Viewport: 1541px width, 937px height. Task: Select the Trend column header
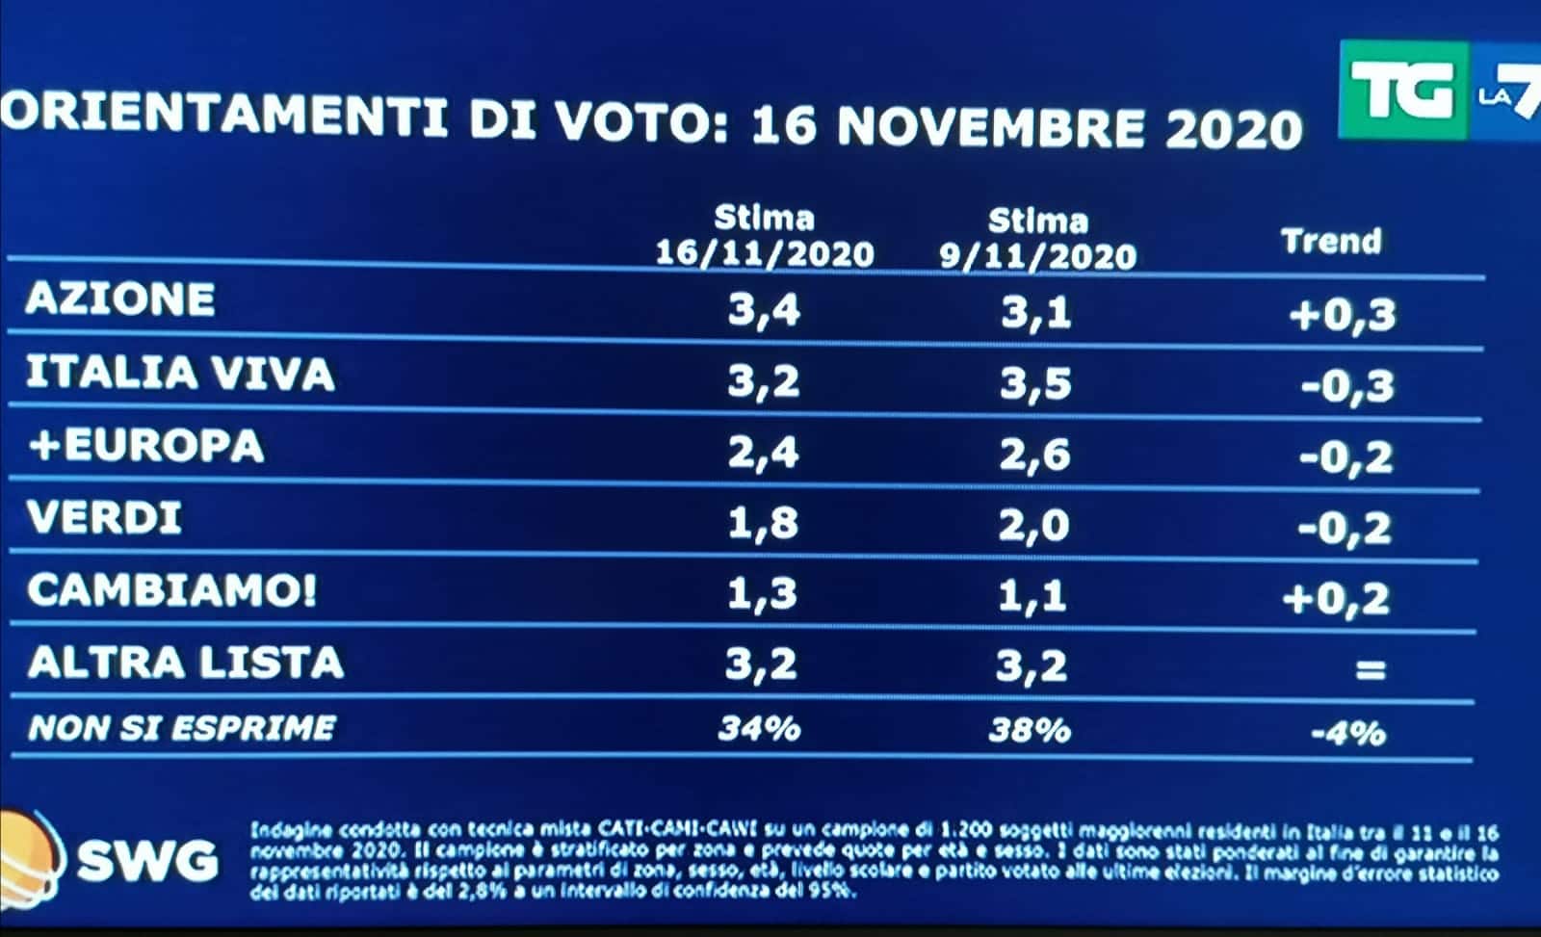(1331, 241)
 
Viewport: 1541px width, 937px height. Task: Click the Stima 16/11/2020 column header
(765, 237)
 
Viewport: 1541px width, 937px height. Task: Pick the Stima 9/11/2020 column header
(1037, 240)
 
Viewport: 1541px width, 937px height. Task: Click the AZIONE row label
(120, 299)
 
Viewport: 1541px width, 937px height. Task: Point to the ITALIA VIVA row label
(180, 373)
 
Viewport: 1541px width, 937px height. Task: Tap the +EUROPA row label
(144, 446)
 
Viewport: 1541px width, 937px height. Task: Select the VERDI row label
(104, 518)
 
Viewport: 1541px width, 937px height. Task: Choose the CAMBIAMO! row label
(171, 590)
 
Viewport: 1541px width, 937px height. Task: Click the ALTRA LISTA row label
(185, 663)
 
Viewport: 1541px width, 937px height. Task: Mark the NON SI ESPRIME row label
(181, 727)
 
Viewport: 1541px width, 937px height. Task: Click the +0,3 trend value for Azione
(1342, 314)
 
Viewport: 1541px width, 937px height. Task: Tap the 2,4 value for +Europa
(763, 452)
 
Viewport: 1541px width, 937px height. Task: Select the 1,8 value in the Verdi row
(763, 524)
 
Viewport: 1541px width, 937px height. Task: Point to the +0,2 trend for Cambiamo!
(1336, 599)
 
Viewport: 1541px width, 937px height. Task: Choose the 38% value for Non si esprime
(1030, 730)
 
